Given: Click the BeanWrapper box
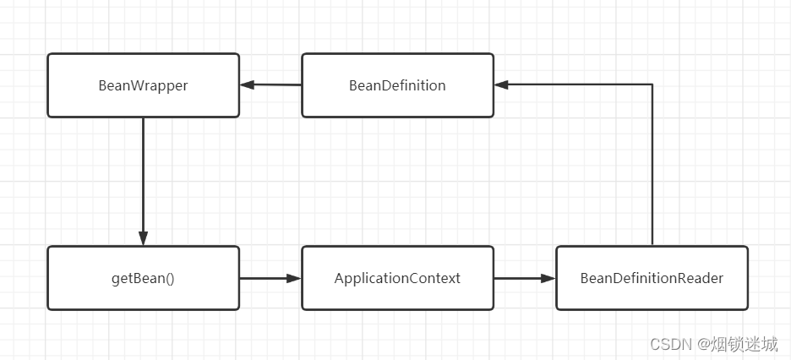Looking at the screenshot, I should point(143,85).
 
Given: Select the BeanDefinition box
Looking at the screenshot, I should point(397,85).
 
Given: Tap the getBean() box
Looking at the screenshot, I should point(143,278).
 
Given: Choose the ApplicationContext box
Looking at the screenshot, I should point(397,278).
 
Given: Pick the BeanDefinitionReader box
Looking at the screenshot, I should point(652,278).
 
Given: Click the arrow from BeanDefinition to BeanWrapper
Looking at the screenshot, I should point(270,85).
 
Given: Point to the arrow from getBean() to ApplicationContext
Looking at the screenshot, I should point(270,277).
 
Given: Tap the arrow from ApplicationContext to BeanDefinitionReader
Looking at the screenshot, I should point(525,277).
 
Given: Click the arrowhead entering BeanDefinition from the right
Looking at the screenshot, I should point(501,85).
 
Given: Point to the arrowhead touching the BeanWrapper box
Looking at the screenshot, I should point(246,85).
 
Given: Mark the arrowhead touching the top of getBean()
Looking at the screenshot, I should point(143,239).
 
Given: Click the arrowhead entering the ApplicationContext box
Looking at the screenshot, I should point(295,277).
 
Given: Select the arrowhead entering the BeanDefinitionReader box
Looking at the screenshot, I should point(549,277).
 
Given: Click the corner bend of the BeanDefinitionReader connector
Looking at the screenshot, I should point(652,85).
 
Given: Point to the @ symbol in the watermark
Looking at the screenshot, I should point(702,345).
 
